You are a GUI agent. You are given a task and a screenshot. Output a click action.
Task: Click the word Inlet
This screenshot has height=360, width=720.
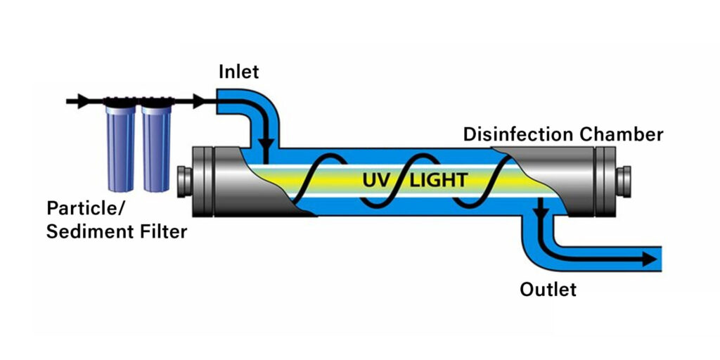[x=238, y=72]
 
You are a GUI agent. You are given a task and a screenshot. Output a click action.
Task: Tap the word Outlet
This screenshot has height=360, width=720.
[x=548, y=289]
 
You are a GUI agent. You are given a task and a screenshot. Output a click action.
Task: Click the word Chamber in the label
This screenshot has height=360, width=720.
[x=627, y=134]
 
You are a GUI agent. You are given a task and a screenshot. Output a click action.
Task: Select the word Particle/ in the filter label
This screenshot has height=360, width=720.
[x=82, y=209]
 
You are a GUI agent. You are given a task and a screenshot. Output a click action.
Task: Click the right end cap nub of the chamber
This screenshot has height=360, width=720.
[x=622, y=180]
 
